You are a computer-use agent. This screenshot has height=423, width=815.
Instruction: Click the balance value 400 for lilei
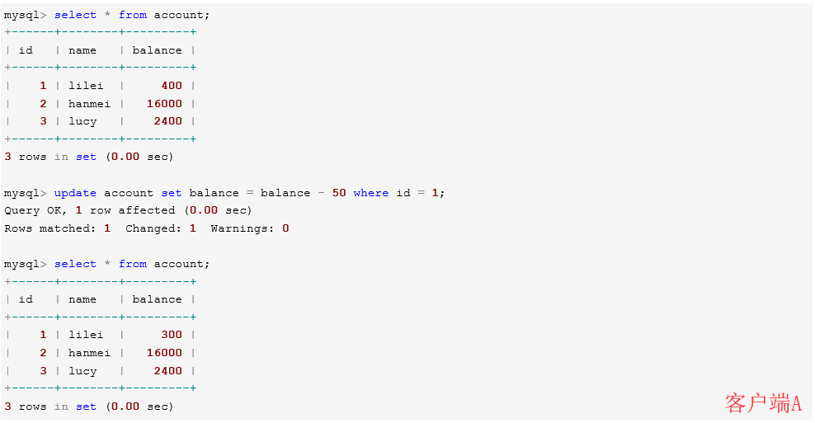172,85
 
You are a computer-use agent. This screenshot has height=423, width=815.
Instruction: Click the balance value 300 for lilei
172,335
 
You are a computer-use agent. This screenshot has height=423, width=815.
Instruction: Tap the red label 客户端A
763,403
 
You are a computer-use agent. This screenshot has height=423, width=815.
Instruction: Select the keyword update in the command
75,193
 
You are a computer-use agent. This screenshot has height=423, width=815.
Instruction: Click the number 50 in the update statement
339,193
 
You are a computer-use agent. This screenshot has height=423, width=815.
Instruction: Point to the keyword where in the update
371,193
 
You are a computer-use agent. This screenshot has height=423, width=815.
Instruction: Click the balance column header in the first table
157,50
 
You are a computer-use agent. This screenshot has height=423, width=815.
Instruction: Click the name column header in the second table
82,299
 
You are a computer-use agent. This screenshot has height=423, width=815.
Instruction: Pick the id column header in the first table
26,50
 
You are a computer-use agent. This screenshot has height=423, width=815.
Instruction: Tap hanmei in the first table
89,103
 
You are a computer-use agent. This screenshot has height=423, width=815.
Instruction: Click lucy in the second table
82,371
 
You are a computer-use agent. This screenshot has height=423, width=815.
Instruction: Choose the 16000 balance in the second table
164,353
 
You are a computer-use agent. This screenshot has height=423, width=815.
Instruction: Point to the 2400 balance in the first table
168,121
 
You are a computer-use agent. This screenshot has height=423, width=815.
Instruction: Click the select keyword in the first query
75,15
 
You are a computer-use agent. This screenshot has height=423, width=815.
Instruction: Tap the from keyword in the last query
133,264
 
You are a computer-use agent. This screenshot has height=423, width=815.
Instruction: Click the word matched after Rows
68,228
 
